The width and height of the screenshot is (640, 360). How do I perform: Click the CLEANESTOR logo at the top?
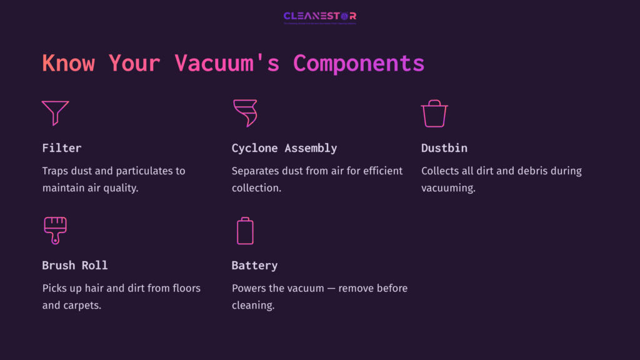tap(319, 16)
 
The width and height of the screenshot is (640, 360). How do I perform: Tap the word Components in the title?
tap(359, 63)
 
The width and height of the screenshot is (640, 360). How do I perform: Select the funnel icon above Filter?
tap(55, 113)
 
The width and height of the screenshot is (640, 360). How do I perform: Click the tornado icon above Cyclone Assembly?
tap(244, 113)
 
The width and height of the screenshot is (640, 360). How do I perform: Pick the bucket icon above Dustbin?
tap(434, 114)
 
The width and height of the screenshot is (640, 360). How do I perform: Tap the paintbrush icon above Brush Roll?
tap(55, 230)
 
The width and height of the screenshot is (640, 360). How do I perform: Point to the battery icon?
tap(245, 230)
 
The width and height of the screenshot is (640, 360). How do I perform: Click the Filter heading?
tap(62, 148)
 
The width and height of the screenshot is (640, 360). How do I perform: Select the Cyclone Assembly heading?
tap(284, 148)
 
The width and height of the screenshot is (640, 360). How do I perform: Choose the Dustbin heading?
tap(444, 148)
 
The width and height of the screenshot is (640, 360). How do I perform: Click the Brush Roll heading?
tap(75, 265)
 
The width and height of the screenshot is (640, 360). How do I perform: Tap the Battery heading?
tap(254, 265)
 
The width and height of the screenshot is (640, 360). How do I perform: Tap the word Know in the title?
tap(68, 63)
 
